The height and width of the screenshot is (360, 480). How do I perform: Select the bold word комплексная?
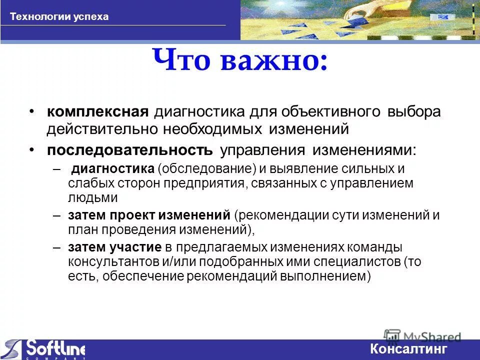(98, 111)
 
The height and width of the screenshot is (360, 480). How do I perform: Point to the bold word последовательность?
(130, 150)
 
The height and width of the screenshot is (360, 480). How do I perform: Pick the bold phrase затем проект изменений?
(148, 216)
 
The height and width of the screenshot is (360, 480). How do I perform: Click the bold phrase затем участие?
(114, 247)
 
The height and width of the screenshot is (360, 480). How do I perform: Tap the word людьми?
(92, 197)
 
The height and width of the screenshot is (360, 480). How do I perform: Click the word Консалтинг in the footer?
(409, 349)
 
